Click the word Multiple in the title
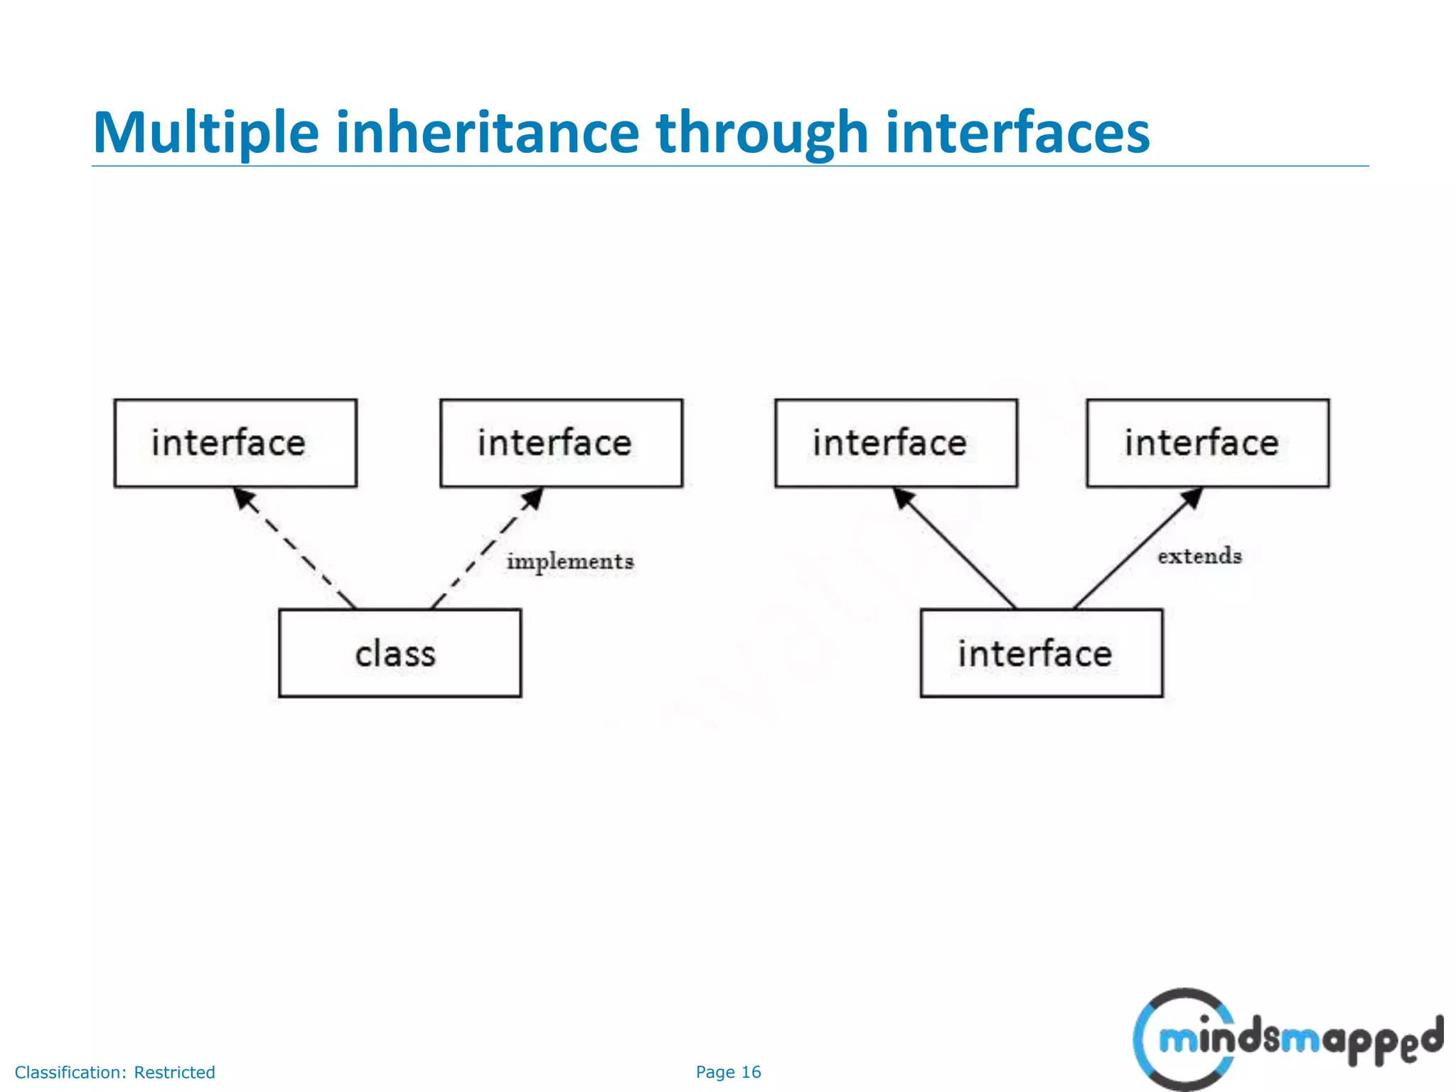tap(206, 133)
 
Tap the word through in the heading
tap(761, 133)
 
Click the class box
tap(400, 653)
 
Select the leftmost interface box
tap(235, 443)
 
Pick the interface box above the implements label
tap(561, 443)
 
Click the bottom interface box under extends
tap(1041, 653)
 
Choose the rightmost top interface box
tap(1207, 443)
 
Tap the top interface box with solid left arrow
tap(896, 443)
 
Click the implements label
tap(569, 562)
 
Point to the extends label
tap(1199, 556)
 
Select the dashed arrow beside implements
tap(487, 547)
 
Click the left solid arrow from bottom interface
tap(955, 547)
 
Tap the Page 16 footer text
tap(728, 1072)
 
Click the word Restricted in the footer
tap(174, 1072)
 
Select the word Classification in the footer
tap(70, 1072)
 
